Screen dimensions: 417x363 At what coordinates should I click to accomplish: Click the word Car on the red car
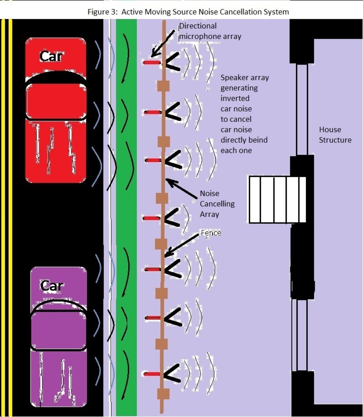point(51,57)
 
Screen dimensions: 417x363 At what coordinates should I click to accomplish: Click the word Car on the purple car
point(51,286)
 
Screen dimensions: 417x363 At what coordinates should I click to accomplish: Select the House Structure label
point(335,135)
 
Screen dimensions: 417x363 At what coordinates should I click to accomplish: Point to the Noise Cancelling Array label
point(217,204)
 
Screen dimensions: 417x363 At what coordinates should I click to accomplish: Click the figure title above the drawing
point(188,12)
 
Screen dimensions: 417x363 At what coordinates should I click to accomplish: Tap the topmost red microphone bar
point(151,63)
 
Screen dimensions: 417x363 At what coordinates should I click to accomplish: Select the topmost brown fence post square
point(164,86)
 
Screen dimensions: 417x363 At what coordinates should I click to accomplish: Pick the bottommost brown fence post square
point(164,393)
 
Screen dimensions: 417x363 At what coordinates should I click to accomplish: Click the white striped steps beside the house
point(277,199)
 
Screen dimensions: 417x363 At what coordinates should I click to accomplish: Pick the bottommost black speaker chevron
point(172,373)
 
